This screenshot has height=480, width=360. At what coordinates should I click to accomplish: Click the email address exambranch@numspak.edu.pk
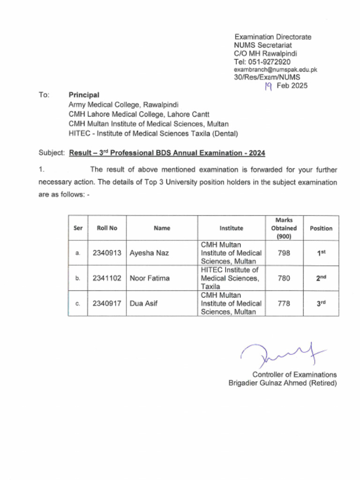pos(276,69)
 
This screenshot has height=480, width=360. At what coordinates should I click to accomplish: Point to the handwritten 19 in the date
pos(269,86)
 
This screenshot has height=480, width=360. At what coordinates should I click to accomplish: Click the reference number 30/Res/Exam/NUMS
pos(267,77)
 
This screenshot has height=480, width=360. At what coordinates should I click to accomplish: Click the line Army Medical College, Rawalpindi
pos(123,105)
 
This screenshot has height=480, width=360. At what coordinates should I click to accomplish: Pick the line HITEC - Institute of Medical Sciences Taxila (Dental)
pos(153,134)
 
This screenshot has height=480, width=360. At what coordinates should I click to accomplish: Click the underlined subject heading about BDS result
pos(167,153)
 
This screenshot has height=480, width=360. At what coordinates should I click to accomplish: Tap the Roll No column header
pos(107,228)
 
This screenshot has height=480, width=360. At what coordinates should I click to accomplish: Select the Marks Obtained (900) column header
pos(284,228)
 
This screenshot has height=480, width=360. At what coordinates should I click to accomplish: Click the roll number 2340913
pos(107,253)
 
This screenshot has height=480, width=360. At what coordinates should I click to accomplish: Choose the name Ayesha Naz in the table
pos(149,253)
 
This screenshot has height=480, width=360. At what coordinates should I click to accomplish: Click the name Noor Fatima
pos(150,278)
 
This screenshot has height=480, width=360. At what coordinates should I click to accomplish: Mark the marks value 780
pos(284,278)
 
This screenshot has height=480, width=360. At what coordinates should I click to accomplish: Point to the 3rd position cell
pos(321,303)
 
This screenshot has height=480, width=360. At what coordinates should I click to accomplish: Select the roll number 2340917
pos(107,303)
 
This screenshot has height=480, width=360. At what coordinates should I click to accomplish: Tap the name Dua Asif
pos(143,303)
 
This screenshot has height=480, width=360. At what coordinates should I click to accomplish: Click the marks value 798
pos(284,253)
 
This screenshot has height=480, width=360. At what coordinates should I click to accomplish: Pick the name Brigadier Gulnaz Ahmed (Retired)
pos(282,383)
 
